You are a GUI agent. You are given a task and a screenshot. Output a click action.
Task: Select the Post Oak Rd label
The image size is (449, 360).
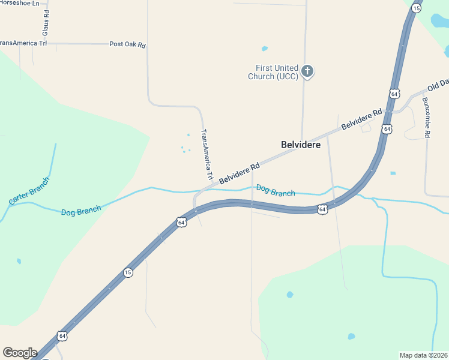[x=127, y=44]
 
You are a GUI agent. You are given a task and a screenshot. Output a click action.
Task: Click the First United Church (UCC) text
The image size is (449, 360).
[x=273, y=73]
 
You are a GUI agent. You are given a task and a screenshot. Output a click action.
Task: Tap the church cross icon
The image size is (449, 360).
[x=307, y=72]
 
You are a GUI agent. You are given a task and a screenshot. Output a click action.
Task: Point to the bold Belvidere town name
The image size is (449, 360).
[x=301, y=145]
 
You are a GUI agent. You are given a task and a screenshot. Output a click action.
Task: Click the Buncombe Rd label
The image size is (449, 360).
[x=425, y=118]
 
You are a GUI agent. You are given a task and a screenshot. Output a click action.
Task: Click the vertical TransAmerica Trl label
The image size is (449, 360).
[x=207, y=155]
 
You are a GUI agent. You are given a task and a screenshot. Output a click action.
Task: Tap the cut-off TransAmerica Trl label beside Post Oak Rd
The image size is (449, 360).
[x=23, y=43]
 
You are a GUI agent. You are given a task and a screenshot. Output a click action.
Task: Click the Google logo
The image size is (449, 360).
[x=19, y=353]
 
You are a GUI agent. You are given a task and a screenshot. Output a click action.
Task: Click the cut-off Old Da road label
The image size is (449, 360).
[x=438, y=85]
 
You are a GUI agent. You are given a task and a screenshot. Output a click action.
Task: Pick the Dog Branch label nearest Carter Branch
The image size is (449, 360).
[x=81, y=211]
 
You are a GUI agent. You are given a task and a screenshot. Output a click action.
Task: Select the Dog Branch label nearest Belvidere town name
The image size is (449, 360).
[x=276, y=191]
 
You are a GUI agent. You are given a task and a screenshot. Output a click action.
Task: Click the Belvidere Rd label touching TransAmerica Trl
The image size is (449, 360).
[x=239, y=173]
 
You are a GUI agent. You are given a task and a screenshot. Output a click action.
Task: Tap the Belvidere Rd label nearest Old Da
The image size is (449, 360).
[x=361, y=119]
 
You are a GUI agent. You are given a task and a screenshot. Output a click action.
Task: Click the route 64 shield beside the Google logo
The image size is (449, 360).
[x=62, y=335]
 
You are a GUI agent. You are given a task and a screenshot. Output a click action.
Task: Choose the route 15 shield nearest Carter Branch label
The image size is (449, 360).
[x=128, y=272]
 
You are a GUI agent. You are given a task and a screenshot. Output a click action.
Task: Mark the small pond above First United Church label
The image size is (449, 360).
[x=265, y=49]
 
